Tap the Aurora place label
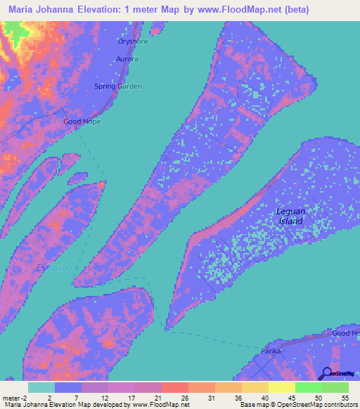tap(127, 59)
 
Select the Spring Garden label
tap(118, 86)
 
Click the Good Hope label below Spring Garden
tap(82, 122)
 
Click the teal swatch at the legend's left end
tap(41, 387)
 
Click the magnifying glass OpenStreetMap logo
tap(326, 375)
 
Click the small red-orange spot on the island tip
tap(103, 185)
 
